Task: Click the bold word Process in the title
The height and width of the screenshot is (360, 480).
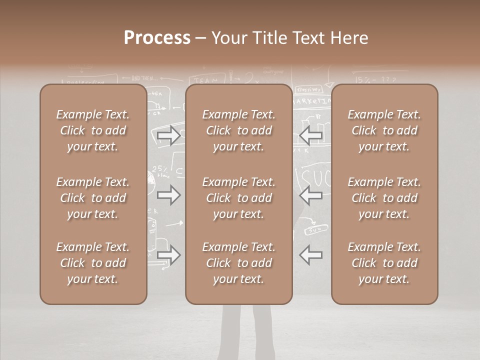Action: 157,37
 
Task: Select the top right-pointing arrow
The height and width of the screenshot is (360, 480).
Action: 168,135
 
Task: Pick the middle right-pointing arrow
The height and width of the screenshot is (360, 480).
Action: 168,195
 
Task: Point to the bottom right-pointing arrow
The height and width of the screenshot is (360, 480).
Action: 168,255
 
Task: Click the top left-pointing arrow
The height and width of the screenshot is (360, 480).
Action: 311,135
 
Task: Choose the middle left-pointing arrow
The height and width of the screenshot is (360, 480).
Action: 311,195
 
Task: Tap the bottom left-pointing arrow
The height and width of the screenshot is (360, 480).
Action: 311,255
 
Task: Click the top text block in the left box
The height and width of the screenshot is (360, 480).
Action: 93,130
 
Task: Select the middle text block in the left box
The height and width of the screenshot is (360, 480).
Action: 93,198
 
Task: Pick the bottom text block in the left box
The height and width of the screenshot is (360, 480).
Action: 93,263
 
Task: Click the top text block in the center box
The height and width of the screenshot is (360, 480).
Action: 238,130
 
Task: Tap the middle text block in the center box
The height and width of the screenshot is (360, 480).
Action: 238,198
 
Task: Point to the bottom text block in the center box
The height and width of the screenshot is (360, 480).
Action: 238,263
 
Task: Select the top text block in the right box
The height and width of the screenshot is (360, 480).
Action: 384,130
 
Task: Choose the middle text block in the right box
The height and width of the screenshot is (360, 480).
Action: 384,198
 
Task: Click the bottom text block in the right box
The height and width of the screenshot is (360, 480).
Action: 384,263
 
